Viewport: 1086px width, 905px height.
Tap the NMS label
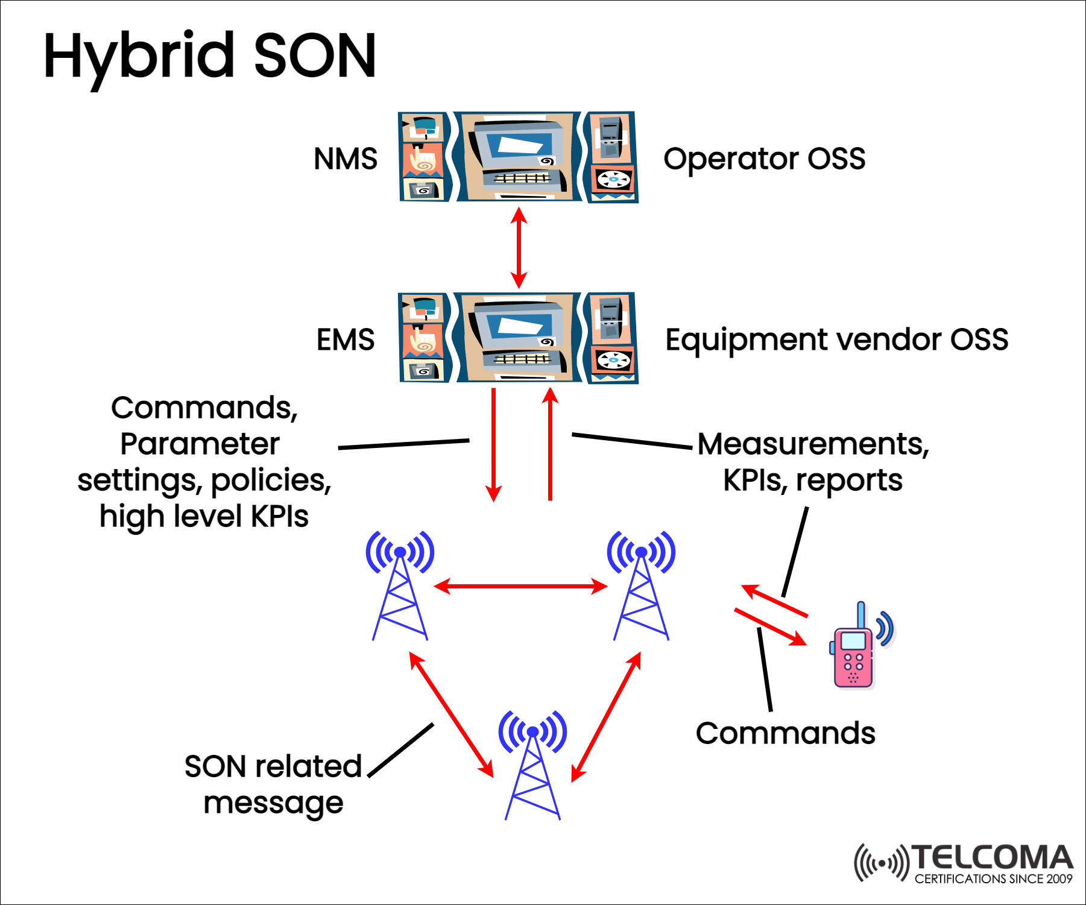[x=345, y=159]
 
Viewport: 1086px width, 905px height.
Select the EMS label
[x=345, y=339]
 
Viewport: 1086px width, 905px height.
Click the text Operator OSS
[x=764, y=159]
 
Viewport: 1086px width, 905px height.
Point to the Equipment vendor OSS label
[x=836, y=339]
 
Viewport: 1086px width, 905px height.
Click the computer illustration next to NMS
[x=518, y=157]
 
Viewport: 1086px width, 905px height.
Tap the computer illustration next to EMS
[x=518, y=338]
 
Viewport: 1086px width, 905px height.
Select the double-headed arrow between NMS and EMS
[x=519, y=247]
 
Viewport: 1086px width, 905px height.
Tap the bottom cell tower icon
[x=532, y=766]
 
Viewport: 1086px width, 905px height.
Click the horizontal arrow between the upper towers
[x=520, y=586]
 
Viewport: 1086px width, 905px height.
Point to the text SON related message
[x=273, y=784]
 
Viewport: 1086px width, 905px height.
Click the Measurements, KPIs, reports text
[x=813, y=462]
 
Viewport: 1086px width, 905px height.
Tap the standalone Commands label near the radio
[x=785, y=733]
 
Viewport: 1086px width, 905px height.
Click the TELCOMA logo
[x=964, y=863]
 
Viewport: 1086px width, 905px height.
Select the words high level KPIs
[x=204, y=517]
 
